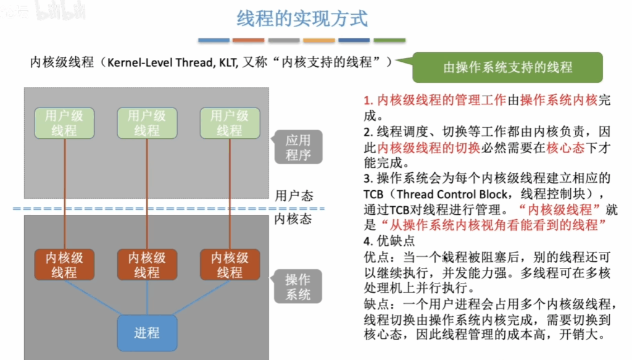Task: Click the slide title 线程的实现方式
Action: [302, 19]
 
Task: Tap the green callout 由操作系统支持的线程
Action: [507, 67]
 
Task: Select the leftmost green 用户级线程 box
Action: [64, 123]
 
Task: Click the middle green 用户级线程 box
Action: [147, 123]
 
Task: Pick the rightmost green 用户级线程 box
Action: [230, 123]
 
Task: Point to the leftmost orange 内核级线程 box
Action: [64, 264]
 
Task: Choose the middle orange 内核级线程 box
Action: [147, 264]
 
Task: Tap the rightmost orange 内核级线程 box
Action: [230, 264]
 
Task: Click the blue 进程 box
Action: [147, 333]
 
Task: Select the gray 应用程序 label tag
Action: [298, 147]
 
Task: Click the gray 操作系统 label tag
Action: [298, 287]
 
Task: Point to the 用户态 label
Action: [294, 196]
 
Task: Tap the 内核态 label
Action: [293, 219]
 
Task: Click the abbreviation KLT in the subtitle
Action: [228, 62]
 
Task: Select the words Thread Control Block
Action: [452, 195]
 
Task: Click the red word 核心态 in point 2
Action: [565, 148]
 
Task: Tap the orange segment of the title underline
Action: [248, 40]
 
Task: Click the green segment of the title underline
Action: [389, 40]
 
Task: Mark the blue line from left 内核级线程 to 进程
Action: [92, 298]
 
